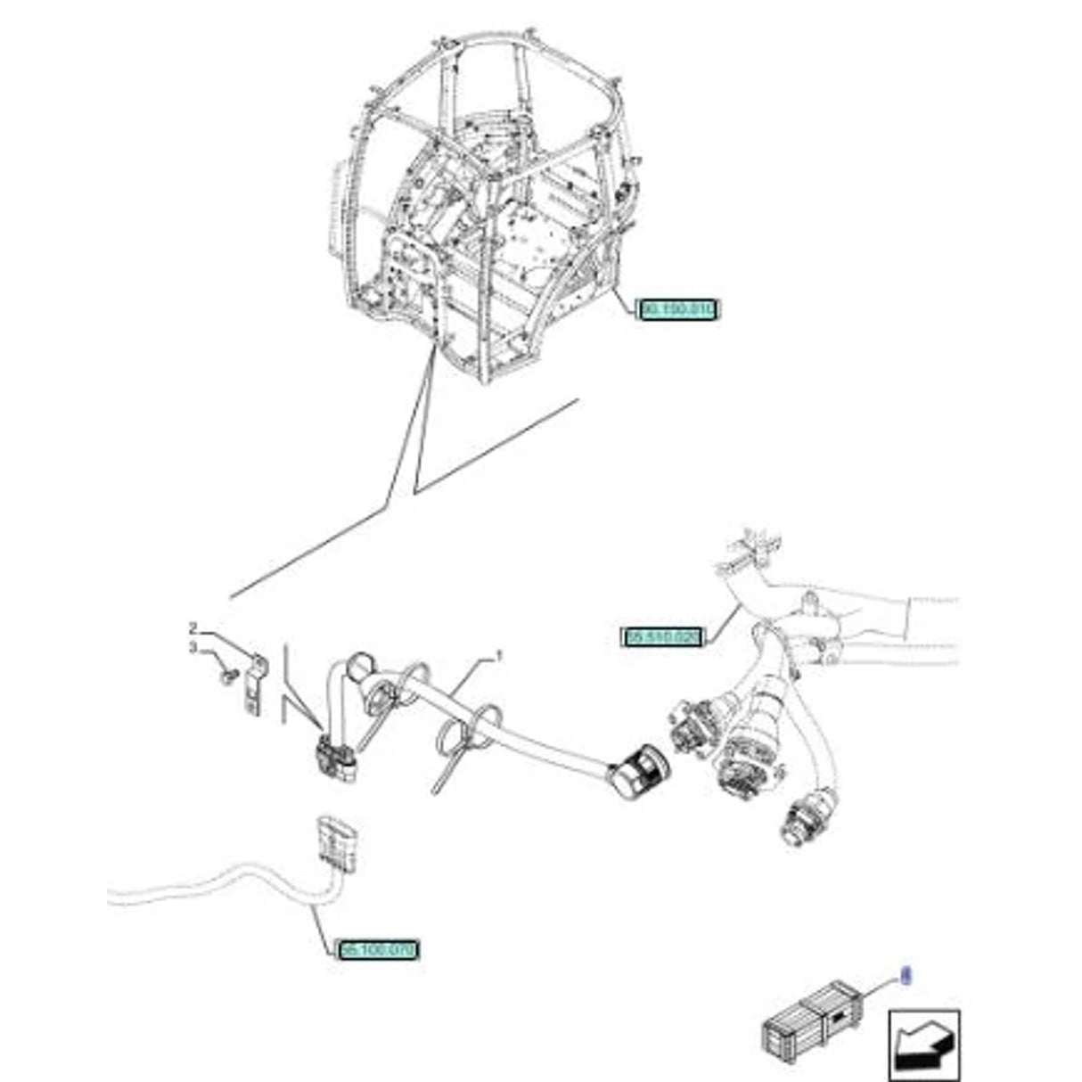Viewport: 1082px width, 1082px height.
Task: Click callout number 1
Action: point(499,656)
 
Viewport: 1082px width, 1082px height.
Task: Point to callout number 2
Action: point(192,628)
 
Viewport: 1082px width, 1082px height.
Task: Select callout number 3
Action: point(192,648)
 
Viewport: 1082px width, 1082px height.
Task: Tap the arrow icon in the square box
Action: point(923,1044)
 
